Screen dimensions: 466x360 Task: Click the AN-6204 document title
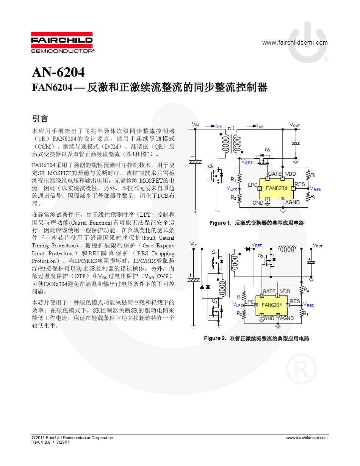click(x=58, y=72)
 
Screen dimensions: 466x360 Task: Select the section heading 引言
click(x=40, y=119)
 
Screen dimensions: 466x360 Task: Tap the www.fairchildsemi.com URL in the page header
click(x=295, y=42)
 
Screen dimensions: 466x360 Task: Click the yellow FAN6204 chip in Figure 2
click(x=272, y=305)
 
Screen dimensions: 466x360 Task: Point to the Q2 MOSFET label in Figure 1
click(x=267, y=150)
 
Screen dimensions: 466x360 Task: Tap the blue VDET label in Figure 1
click(x=247, y=162)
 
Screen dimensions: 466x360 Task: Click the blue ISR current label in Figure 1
click(x=260, y=127)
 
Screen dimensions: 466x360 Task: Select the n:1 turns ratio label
click(x=231, y=128)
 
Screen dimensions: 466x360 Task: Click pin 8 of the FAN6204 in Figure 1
click(x=260, y=188)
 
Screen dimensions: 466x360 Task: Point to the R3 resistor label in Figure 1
click(x=313, y=175)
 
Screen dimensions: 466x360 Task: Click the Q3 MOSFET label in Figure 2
click(x=260, y=256)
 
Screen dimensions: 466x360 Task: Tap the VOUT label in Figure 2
click(x=317, y=246)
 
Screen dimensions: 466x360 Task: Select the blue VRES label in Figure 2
click(x=308, y=305)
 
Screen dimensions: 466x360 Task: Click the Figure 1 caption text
click(x=257, y=223)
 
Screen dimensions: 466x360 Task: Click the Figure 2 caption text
click(x=257, y=338)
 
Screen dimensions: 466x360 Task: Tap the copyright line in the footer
click(x=72, y=438)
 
